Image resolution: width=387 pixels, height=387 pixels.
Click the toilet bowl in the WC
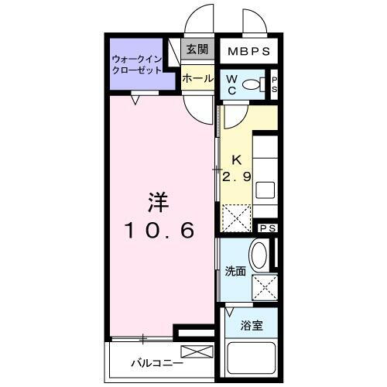point(252,84)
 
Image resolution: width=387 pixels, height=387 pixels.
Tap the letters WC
point(232,84)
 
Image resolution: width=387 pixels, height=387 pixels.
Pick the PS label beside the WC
point(273,84)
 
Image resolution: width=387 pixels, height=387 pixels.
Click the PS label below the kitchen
point(267,228)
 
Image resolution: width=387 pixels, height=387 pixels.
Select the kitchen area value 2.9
point(236,176)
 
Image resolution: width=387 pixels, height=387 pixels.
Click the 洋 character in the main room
point(158,201)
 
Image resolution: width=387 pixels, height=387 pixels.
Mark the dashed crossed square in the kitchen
point(237,217)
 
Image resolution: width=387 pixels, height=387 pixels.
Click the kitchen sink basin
point(265,189)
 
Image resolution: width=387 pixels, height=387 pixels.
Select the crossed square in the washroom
point(264,287)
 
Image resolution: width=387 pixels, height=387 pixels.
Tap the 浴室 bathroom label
point(251,325)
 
